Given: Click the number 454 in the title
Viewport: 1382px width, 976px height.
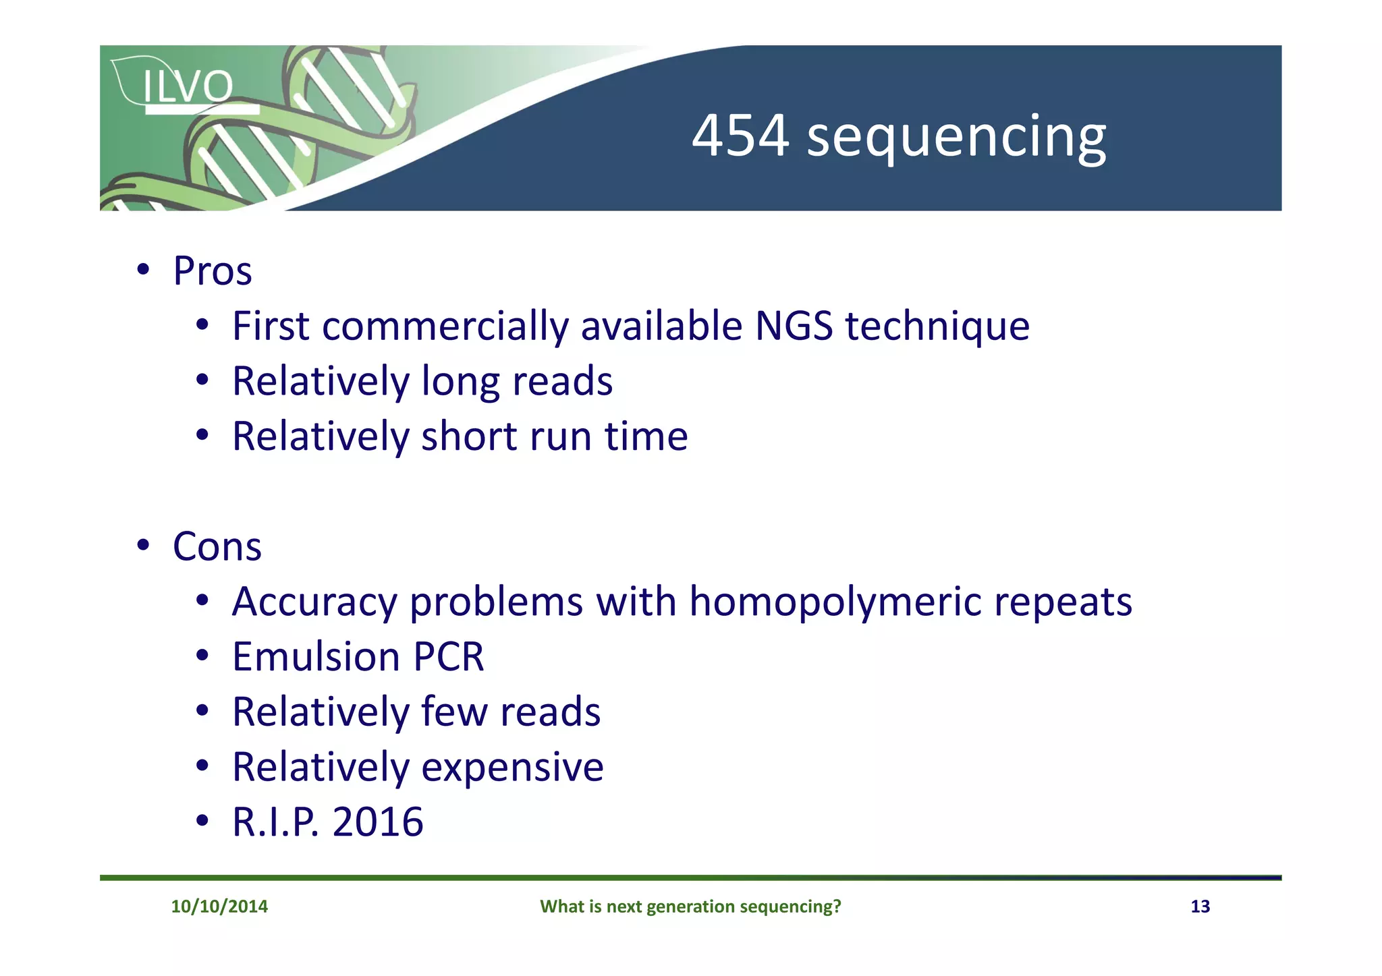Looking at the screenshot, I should (x=740, y=136).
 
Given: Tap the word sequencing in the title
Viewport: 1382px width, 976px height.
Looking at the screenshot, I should (x=956, y=138).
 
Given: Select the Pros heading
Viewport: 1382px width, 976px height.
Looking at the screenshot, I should (x=212, y=271).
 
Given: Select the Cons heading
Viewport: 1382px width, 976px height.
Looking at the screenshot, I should (x=217, y=546).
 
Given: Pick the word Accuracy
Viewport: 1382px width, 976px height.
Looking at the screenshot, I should (x=314, y=602).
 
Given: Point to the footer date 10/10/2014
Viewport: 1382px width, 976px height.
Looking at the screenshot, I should (x=219, y=907).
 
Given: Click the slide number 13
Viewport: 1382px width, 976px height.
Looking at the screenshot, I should (x=1200, y=907).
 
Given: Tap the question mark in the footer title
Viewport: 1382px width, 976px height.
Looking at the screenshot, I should (x=837, y=907).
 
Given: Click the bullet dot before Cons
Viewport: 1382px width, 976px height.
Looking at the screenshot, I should (x=142, y=545).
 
